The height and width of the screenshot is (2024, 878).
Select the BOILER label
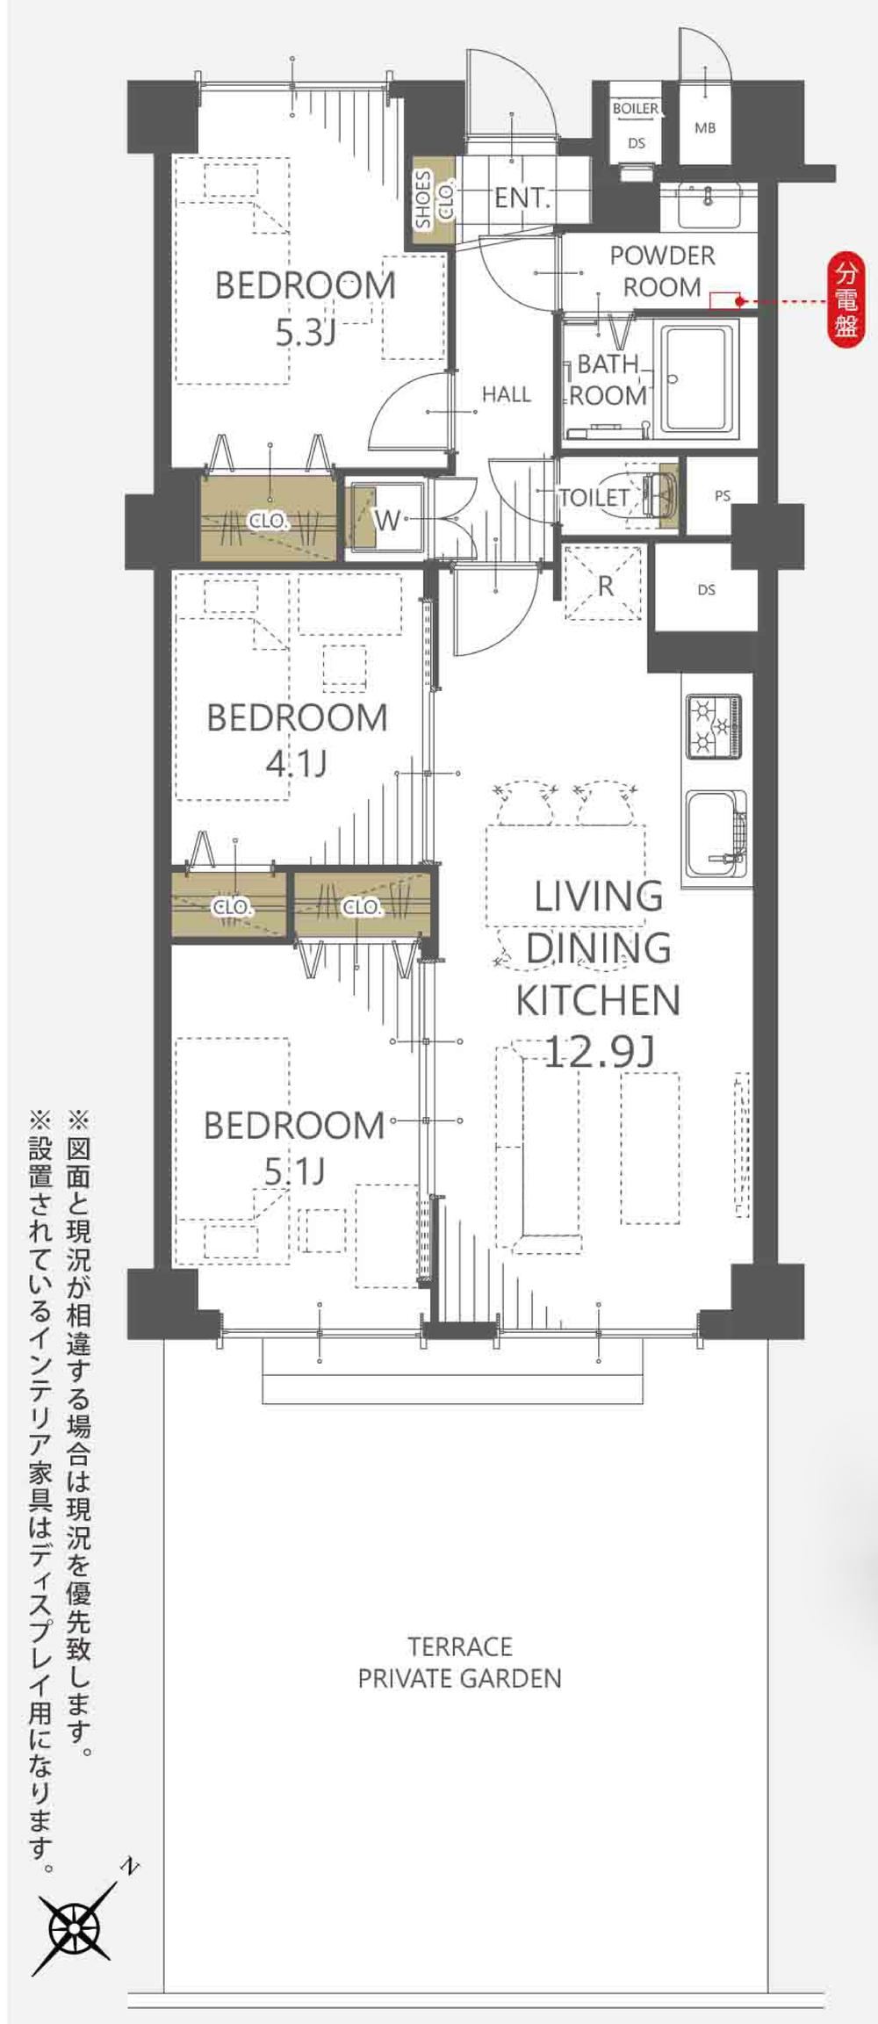coord(636,109)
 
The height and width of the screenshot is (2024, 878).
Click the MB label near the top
coord(705,128)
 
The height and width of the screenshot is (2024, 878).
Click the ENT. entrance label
coord(522,198)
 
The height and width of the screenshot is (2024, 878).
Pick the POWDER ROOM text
coord(662,271)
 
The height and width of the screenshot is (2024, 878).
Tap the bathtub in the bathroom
coord(699,380)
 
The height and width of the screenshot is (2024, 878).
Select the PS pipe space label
coord(723,496)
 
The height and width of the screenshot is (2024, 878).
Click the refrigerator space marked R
coord(606,584)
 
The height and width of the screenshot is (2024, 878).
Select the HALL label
coord(507,395)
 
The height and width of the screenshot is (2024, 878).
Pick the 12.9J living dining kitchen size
coord(600,1050)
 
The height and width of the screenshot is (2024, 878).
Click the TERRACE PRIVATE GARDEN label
coord(459,1661)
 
